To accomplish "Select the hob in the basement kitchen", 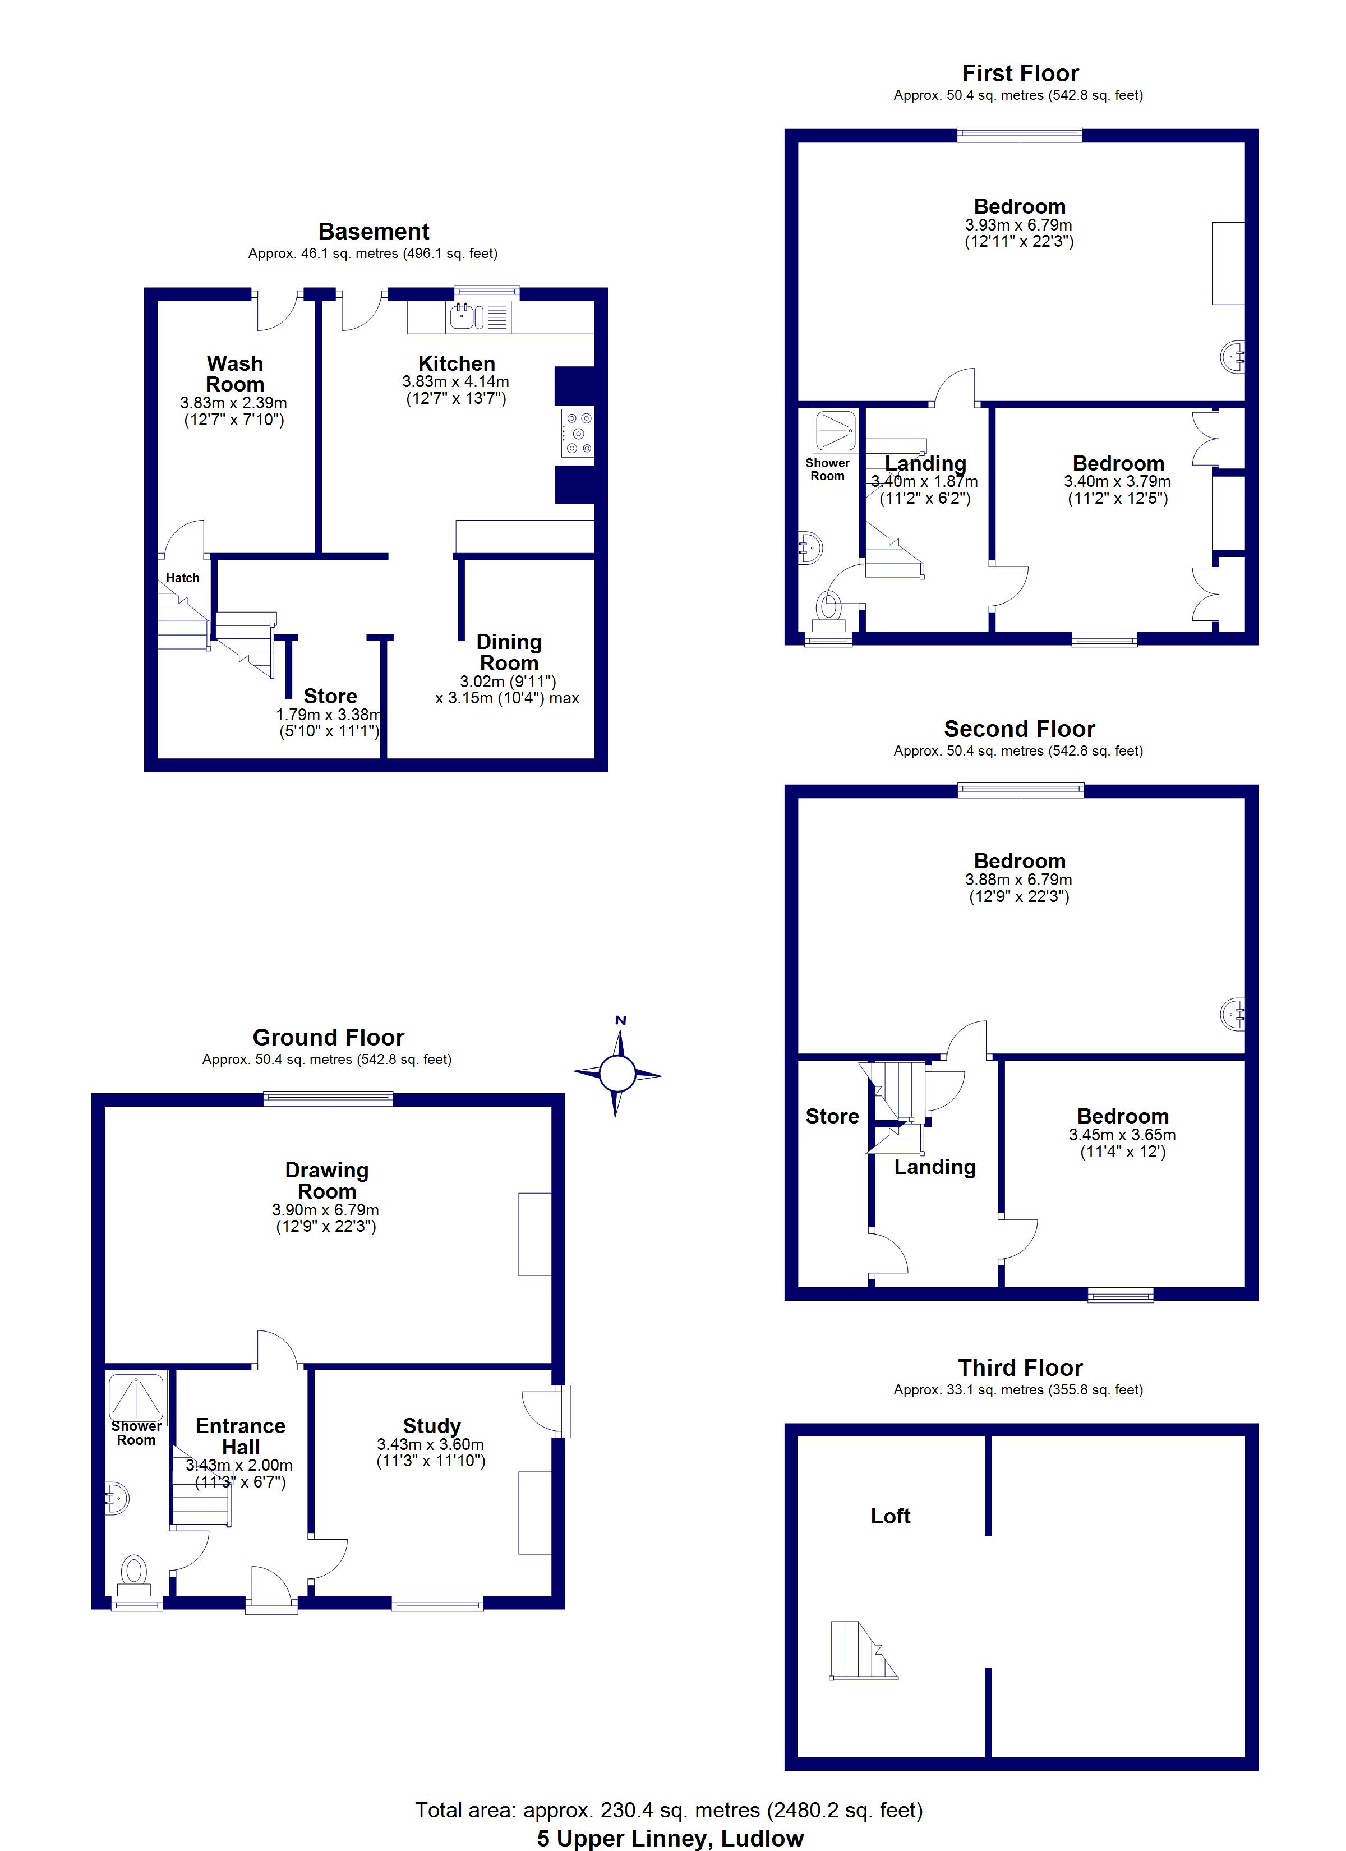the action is click(x=578, y=432).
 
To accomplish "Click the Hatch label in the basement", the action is click(x=183, y=578).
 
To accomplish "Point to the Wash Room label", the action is click(x=235, y=374).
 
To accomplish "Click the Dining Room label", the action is click(x=509, y=652).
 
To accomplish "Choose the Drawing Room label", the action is click(x=326, y=1180).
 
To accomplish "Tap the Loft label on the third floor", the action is click(x=891, y=1516).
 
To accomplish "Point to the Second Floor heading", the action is click(x=1020, y=729).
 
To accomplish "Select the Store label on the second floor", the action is click(x=833, y=1116).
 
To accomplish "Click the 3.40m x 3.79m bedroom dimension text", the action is click(x=1117, y=481).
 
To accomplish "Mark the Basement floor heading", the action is click(x=374, y=231).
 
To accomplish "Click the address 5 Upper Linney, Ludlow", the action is click(x=670, y=1838).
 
